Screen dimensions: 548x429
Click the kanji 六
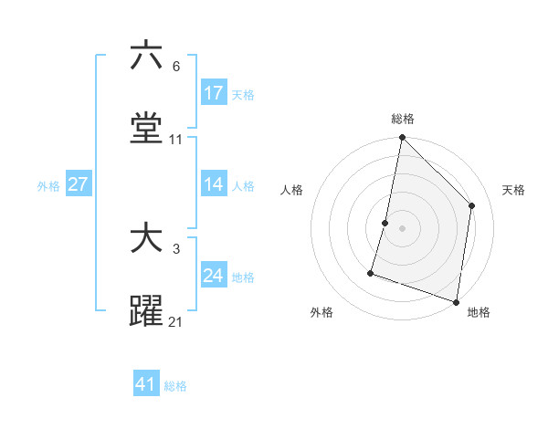tap(146, 56)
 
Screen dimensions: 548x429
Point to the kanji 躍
tap(146, 311)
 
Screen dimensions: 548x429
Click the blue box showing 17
tap(214, 93)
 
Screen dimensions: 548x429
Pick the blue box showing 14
tap(214, 184)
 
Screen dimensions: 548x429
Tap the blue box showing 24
tap(214, 276)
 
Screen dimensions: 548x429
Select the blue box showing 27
tap(79, 184)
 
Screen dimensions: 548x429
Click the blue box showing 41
tap(146, 384)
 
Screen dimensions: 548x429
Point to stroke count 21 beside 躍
tap(175, 322)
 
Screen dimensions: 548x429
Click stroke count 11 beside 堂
tap(176, 140)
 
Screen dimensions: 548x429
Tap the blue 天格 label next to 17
tap(243, 95)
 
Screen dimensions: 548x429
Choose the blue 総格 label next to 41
tap(175, 386)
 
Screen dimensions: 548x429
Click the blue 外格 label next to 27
tap(48, 186)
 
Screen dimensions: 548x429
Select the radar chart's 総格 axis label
tap(403, 120)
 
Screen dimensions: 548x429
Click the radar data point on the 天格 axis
tap(472, 205)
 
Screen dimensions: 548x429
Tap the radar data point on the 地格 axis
tap(456, 301)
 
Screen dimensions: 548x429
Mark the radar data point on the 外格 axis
tap(371, 272)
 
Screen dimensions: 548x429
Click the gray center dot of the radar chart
tap(402, 227)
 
